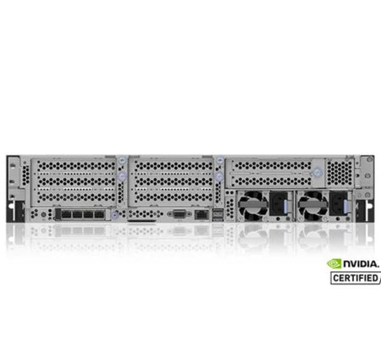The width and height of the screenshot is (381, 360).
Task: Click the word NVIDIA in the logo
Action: point(361,264)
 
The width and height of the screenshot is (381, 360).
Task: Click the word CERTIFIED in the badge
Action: point(356,278)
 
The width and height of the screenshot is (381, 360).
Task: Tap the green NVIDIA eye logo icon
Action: point(334,264)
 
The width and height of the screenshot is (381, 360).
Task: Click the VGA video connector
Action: point(179,214)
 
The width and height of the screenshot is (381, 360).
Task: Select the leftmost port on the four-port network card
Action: point(66,214)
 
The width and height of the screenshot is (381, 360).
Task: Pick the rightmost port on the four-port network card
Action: point(99,214)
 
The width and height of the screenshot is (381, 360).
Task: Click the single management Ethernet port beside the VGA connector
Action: point(201,214)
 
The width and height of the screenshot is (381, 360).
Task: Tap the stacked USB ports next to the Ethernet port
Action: point(217,215)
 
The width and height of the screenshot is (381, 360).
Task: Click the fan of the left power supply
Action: point(253,206)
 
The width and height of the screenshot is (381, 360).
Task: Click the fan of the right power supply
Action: point(313,206)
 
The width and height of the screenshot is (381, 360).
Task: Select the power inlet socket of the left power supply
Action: point(278,204)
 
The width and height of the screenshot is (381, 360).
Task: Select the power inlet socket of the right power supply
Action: point(338,204)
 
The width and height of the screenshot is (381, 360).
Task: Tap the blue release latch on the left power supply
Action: point(285,207)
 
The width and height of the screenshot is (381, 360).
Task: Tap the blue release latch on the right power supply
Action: point(346,207)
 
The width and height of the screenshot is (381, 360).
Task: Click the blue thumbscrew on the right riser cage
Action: point(317,172)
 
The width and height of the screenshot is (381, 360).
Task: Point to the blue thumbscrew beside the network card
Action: point(114,214)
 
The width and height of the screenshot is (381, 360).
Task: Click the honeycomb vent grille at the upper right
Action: point(340,171)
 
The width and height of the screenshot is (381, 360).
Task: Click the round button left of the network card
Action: point(43,215)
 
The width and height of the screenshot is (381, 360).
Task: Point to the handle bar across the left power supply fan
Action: point(253,203)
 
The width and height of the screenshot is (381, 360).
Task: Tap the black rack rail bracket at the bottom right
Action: point(365,210)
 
